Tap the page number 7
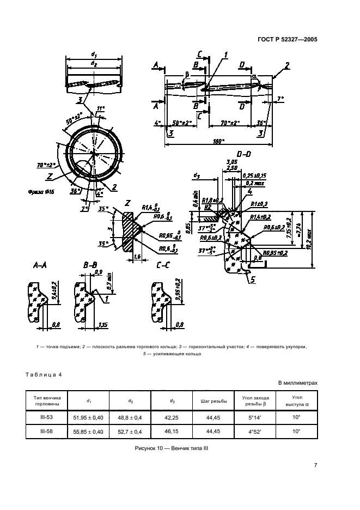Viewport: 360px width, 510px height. point(315,465)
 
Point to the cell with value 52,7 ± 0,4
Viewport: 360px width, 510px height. point(131,431)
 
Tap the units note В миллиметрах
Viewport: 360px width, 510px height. point(297,383)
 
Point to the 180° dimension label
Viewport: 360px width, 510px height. point(219,142)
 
